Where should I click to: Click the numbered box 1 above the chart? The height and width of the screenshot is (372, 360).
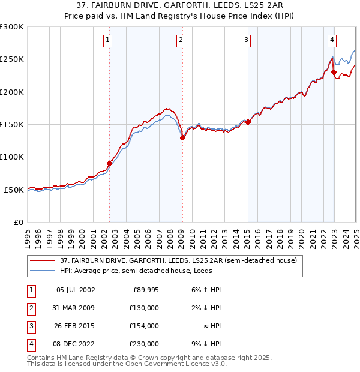pos(107,40)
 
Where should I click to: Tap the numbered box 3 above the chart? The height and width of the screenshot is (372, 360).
pos(246,40)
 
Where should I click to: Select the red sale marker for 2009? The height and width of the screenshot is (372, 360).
pos(183,137)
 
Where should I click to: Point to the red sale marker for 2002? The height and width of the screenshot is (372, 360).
pos(109,163)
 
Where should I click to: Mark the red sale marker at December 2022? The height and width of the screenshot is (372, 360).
pos(334,72)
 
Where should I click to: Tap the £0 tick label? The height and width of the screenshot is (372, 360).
pos(17,222)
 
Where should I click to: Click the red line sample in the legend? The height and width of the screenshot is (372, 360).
pos(43,261)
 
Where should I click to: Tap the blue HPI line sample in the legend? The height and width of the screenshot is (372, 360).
pos(43,271)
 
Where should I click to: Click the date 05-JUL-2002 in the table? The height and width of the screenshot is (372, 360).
pos(76,290)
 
